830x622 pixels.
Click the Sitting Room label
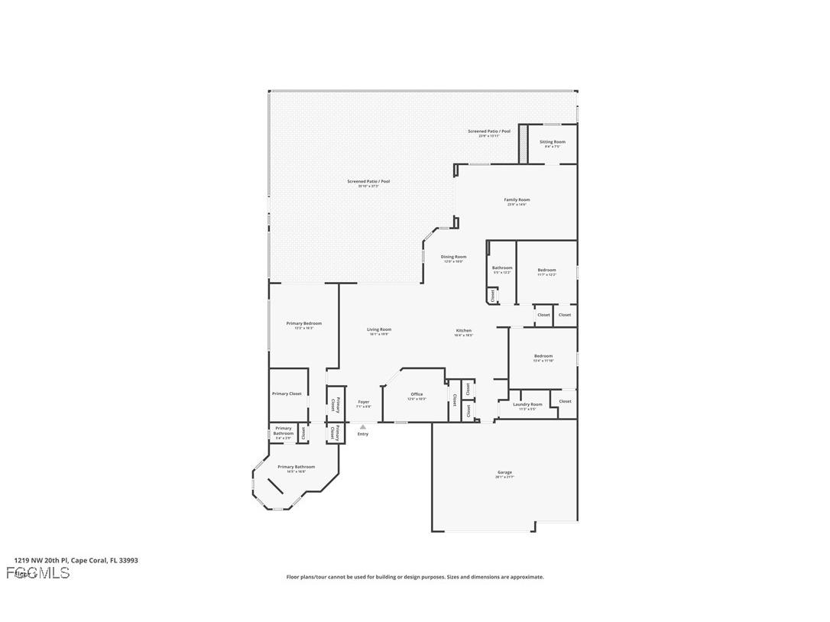click(552, 142)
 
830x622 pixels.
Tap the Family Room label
click(517, 200)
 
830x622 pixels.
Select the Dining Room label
click(453, 258)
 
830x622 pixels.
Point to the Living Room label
click(379, 330)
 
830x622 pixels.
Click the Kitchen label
click(464, 331)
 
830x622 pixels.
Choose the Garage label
click(504, 472)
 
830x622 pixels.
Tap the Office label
click(417, 394)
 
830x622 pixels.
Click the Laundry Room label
click(527, 405)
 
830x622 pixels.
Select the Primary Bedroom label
click(303, 324)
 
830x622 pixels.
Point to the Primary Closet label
click(287, 394)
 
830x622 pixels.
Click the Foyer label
click(364, 402)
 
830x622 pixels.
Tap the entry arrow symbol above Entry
click(363, 427)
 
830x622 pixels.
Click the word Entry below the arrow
click(363, 434)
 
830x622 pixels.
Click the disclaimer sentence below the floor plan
click(415, 577)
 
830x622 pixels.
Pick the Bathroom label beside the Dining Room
click(502, 268)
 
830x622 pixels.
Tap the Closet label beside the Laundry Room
click(565, 401)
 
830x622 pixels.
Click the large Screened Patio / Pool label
click(368, 182)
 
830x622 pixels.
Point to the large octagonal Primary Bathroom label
click(296, 467)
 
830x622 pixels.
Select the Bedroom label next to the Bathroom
click(546, 271)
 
